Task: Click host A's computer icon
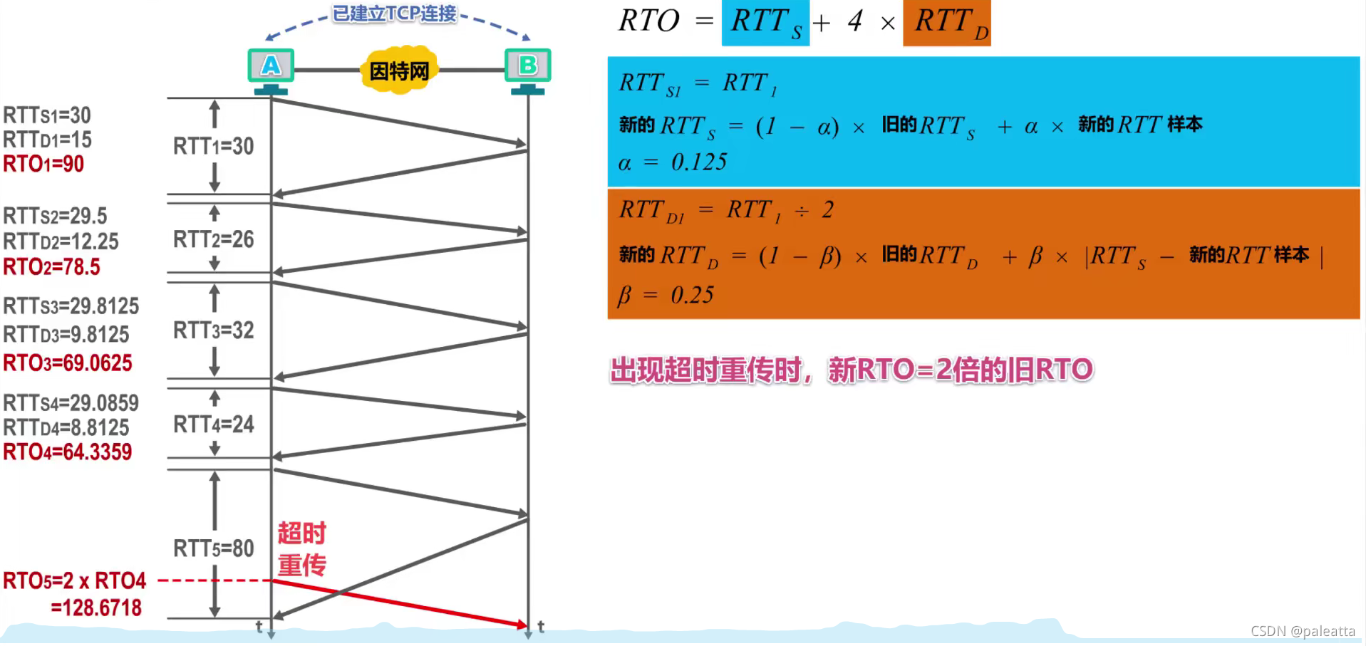(271, 68)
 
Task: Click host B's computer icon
(527, 68)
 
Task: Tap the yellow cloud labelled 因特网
(399, 71)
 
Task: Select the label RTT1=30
(214, 147)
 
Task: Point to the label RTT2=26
(214, 239)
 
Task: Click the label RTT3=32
(214, 330)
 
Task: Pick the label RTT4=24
(214, 424)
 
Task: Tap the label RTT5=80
(214, 548)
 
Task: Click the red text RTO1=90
(43, 165)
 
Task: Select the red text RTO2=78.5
(51, 267)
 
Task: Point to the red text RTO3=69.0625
(68, 363)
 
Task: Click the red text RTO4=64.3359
(68, 452)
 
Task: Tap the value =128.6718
(96, 608)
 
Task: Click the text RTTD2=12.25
(61, 241)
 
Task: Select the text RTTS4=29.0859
(71, 403)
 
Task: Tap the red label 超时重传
(301, 549)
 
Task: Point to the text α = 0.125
(673, 162)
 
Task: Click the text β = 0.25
(666, 295)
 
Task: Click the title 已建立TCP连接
(395, 14)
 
